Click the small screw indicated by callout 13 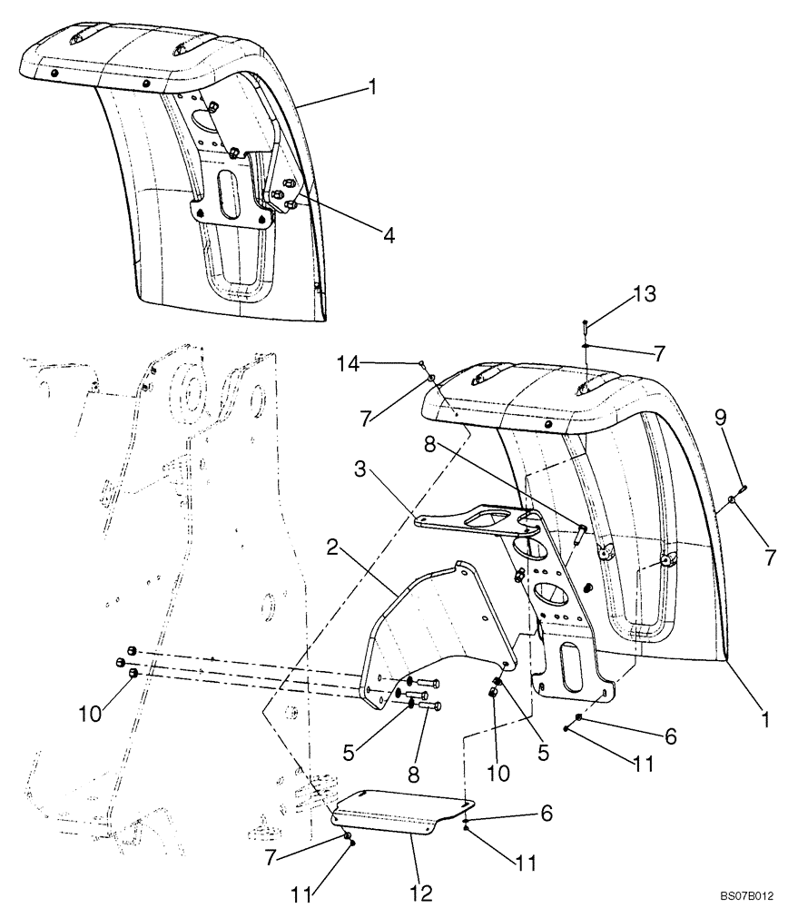point(586,324)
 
